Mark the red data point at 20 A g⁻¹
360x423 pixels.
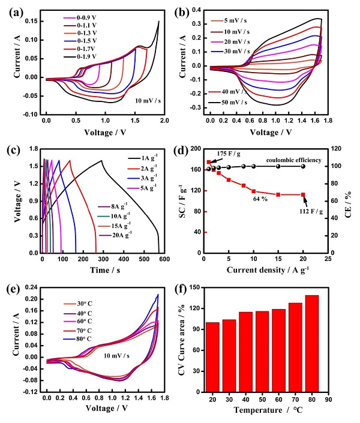(x=303, y=194)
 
